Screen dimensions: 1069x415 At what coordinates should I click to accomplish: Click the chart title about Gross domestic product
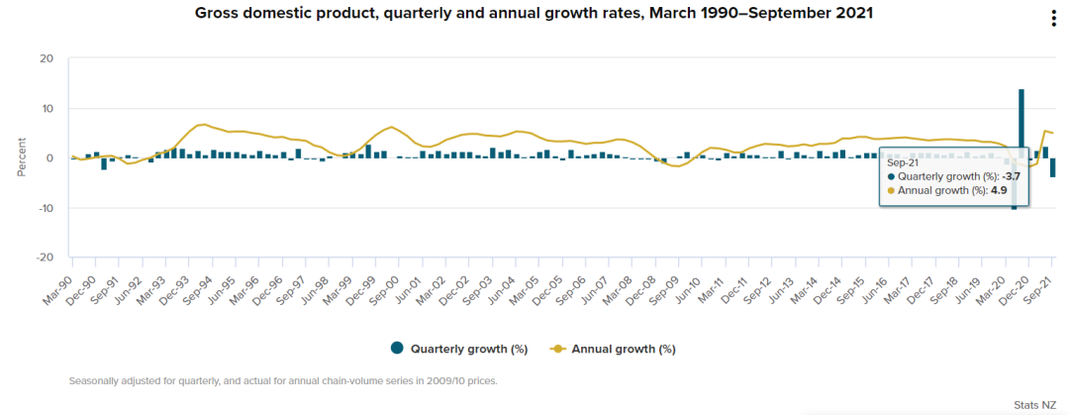pyautogui.click(x=534, y=13)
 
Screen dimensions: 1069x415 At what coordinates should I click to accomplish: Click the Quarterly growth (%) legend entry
pyautogui.click(x=459, y=349)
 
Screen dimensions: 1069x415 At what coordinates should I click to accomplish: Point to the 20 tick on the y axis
pyautogui.click(x=48, y=58)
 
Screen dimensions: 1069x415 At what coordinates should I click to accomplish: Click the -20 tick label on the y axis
pyautogui.click(x=45, y=258)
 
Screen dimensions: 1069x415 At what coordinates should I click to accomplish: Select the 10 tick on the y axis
pyautogui.click(x=48, y=109)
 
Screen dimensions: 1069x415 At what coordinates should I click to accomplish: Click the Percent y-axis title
pyautogui.click(x=22, y=158)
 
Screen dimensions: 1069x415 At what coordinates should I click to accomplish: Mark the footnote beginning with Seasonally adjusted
pyautogui.click(x=284, y=381)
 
